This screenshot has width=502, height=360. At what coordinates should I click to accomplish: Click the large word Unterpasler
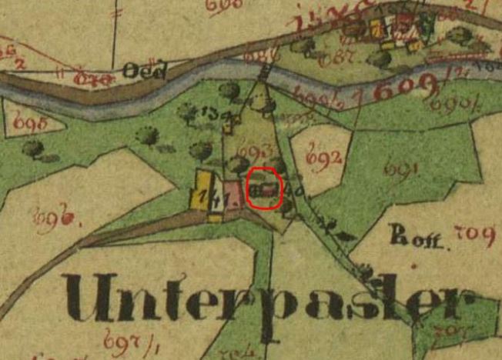(x=266, y=298)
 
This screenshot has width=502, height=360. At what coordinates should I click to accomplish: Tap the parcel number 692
(x=323, y=159)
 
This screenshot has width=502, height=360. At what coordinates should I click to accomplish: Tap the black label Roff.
(x=408, y=235)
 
